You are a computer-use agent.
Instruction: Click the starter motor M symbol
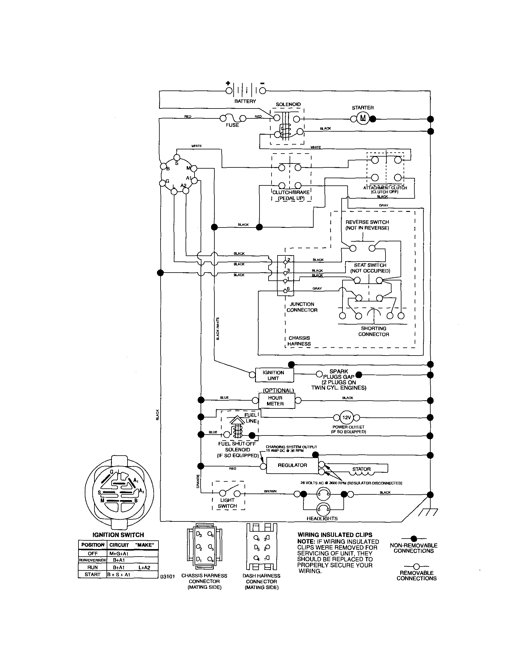(363, 118)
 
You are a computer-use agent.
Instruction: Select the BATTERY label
(245, 101)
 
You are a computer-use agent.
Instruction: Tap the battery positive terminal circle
(229, 90)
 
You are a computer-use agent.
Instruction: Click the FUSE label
(232, 125)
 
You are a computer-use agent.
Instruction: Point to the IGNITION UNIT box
(274, 375)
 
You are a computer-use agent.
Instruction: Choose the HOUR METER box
(276, 401)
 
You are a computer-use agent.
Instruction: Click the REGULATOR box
(292, 465)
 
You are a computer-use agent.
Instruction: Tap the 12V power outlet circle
(347, 417)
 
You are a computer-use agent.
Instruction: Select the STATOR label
(361, 469)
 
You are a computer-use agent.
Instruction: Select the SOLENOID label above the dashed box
(288, 104)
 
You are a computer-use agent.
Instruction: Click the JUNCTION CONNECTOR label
(302, 307)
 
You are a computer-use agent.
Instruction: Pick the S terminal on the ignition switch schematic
(177, 157)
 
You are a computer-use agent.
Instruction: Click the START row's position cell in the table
(92, 574)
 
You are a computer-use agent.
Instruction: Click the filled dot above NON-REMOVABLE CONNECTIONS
(414, 539)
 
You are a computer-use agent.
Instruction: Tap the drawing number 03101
(167, 576)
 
